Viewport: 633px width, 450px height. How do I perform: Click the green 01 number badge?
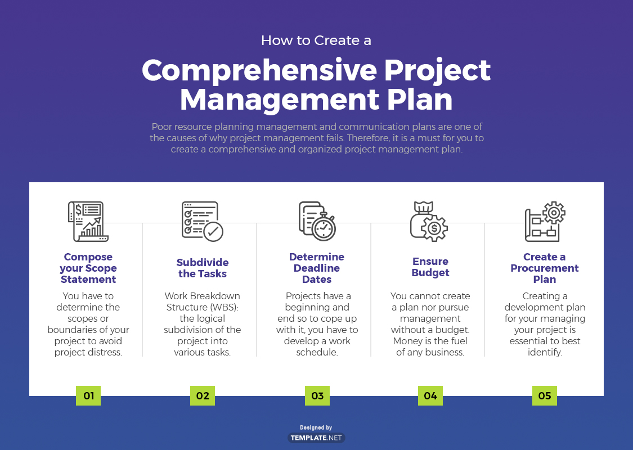(88, 396)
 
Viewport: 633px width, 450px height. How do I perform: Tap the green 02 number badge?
(203, 396)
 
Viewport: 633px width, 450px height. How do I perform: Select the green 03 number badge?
(317, 396)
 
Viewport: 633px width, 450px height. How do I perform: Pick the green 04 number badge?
(430, 396)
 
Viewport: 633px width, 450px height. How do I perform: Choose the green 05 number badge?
(545, 396)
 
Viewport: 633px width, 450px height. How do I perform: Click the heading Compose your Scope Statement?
(88, 268)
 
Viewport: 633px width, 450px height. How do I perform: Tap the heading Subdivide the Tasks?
(203, 268)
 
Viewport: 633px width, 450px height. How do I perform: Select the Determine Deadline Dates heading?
(317, 268)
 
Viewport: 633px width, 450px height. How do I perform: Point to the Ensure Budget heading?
(430, 267)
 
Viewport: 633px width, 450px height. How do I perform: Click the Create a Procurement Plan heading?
(545, 268)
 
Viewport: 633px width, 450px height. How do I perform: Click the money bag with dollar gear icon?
(429, 221)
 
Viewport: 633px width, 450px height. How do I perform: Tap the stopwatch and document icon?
(317, 221)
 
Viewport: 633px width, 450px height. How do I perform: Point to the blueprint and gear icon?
(545, 221)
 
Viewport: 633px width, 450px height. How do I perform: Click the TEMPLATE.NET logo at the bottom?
(316, 438)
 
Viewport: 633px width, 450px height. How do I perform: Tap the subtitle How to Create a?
(316, 40)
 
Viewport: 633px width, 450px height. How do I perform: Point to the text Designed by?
(316, 427)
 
